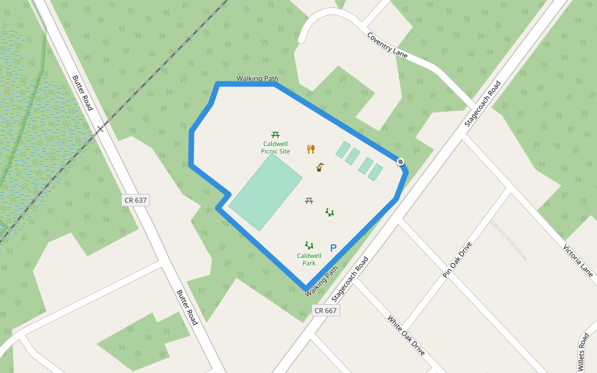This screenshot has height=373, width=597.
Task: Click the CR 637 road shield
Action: click(x=136, y=200)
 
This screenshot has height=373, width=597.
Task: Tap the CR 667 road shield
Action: click(x=325, y=310)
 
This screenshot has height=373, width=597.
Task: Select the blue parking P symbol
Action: click(x=333, y=248)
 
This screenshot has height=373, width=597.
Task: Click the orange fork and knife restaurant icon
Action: click(x=311, y=149)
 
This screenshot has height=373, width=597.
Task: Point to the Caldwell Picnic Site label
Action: click(x=275, y=147)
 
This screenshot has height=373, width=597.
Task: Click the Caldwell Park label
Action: click(x=309, y=259)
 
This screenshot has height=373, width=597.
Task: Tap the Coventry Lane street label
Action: click(x=387, y=45)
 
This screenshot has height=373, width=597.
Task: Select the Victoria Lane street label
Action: click(x=578, y=260)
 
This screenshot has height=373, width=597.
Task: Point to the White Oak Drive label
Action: click(x=406, y=335)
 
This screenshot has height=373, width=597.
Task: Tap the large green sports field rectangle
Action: click(x=266, y=191)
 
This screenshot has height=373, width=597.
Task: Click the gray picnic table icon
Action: click(x=309, y=201)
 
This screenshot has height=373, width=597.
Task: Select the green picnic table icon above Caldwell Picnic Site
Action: click(x=275, y=134)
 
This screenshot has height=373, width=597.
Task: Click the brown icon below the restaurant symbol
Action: click(x=320, y=167)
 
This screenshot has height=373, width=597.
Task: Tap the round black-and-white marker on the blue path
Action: click(x=401, y=162)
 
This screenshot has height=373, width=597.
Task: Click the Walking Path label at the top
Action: click(x=257, y=79)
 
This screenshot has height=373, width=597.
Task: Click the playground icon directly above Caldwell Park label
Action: click(x=308, y=246)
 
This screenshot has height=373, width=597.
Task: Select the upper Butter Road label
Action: click(x=83, y=93)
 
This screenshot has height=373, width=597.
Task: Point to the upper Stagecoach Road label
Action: click(x=483, y=104)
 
